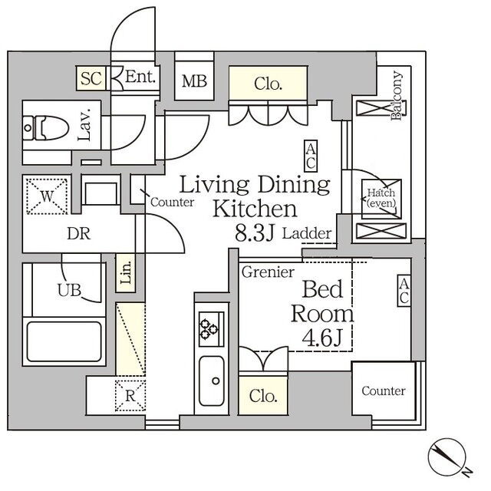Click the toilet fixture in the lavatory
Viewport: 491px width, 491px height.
point(46,128)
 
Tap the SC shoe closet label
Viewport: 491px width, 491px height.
point(91,78)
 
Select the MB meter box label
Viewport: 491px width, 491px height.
point(194,81)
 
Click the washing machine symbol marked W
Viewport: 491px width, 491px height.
point(47,196)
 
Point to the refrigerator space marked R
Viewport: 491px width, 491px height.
point(130,396)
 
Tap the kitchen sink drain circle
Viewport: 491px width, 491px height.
point(216,381)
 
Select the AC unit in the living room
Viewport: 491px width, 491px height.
point(311,157)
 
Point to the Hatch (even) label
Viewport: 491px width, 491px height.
point(381,198)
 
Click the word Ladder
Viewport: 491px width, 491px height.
point(307,233)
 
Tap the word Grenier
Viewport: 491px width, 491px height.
point(268,272)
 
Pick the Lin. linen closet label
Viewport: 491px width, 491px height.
point(126,273)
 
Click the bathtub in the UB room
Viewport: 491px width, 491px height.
point(64,341)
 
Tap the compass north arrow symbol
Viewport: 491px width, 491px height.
point(447,456)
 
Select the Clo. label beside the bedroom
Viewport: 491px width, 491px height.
point(263,396)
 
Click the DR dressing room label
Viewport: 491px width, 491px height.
point(78,233)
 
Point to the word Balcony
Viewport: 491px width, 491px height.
point(397,95)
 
